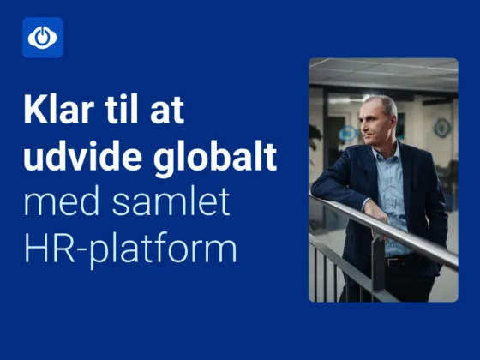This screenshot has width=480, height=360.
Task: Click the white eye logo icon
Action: coord(42,37)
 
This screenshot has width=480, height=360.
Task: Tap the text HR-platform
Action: coord(129,249)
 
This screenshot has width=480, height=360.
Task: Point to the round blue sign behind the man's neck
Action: coord(348,133)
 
